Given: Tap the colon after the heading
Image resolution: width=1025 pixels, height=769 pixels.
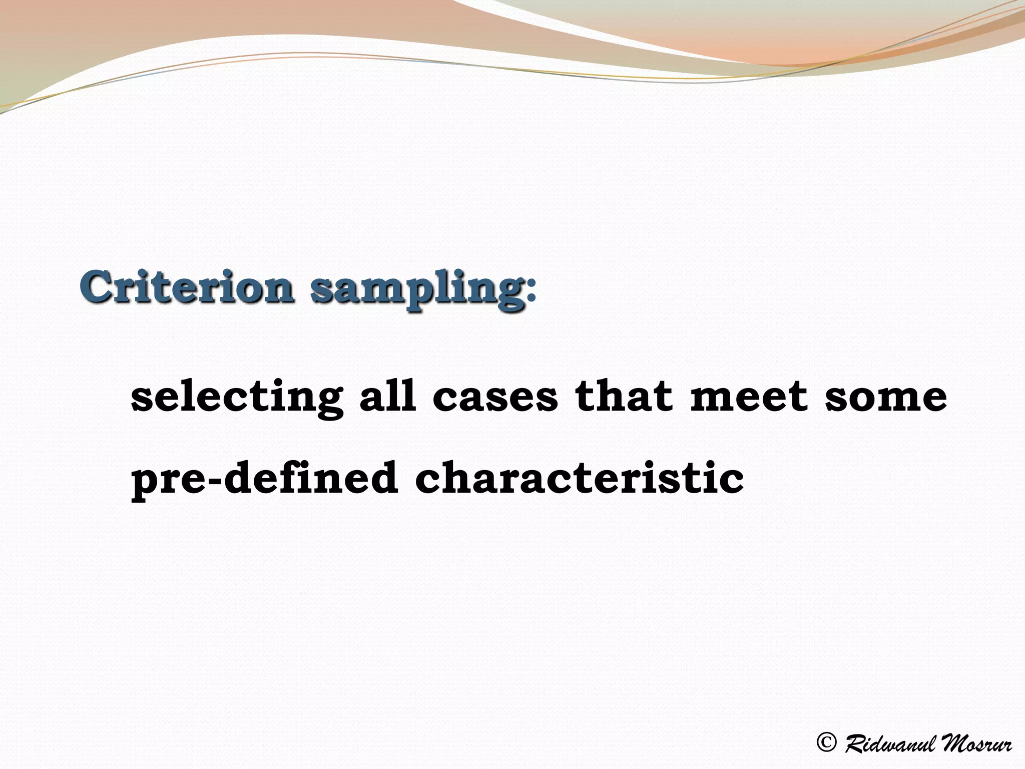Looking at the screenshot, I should [x=532, y=291].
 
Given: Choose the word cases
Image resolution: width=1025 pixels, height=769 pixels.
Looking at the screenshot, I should [x=495, y=398].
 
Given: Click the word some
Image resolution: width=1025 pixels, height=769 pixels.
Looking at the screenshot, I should [x=885, y=398].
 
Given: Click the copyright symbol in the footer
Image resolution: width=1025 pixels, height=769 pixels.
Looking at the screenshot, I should [x=826, y=742].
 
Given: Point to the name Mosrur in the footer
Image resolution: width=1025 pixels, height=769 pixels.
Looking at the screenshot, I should [x=974, y=743].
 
